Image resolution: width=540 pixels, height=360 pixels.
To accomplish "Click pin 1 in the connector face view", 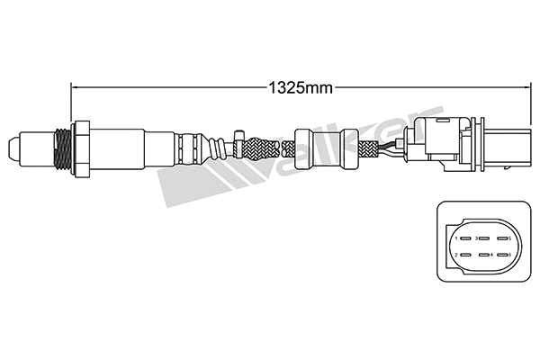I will point(459,238).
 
